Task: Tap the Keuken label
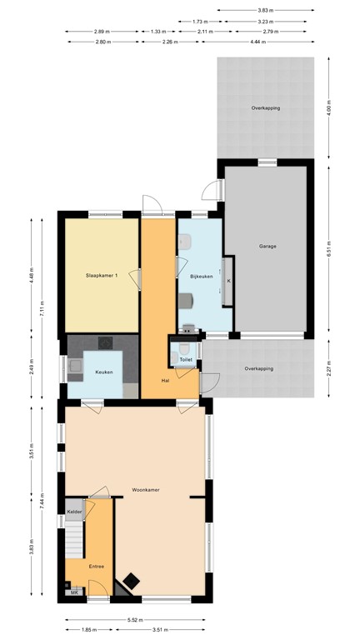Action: pos(103,372)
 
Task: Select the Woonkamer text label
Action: pos(146,490)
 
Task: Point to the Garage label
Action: pos(267,247)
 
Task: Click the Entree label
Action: pos(97,564)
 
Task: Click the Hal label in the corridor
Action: pos(167,381)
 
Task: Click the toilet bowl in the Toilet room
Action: pos(174,357)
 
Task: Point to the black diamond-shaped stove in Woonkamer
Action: pos(132,582)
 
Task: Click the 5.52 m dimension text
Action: pos(135,619)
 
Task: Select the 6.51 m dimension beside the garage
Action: pos(331,247)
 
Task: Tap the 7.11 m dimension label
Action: pos(42,311)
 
